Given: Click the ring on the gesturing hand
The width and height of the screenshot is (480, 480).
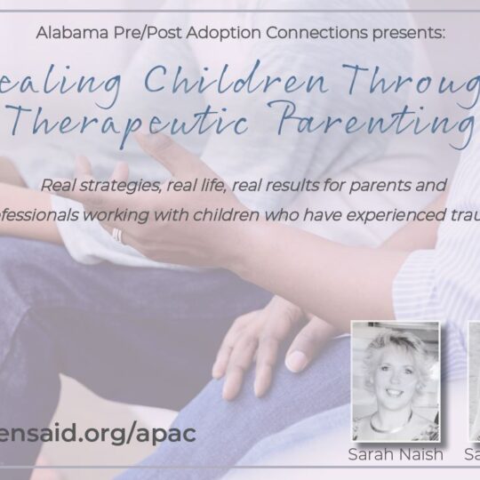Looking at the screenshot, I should (x=116, y=236).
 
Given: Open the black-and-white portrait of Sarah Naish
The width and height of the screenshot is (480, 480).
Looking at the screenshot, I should (x=395, y=382).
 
